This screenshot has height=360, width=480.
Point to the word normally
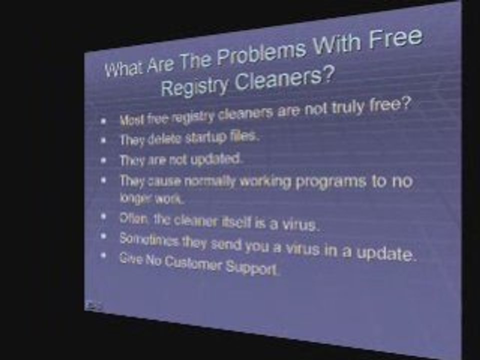pyautogui.click(x=210, y=182)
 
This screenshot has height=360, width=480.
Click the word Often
pyautogui.click(x=131, y=218)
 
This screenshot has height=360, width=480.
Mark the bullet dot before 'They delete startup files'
pyautogui.click(x=103, y=140)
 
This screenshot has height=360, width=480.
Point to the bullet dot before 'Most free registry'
pyautogui.click(x=103, y=121)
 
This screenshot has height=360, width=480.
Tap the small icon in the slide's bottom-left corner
pyautogui.click(x=93, y=304)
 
